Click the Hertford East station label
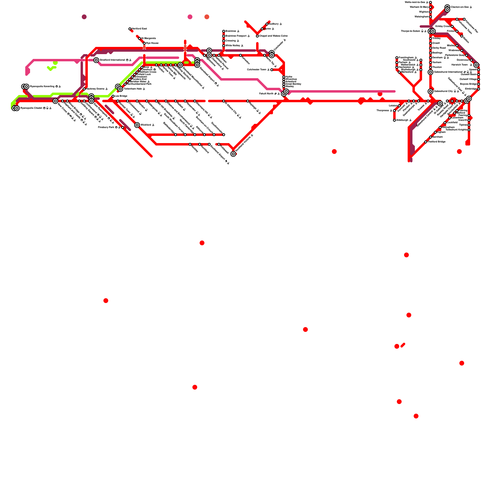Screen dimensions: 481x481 coord(139,29)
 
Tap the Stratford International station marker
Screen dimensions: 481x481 coord(96,60)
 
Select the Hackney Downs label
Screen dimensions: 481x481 coord(95,89)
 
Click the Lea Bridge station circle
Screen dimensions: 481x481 coord(113,96)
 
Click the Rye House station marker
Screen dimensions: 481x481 coord(144,43)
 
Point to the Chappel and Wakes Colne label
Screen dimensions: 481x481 coord(273,36)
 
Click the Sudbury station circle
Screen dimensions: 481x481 coord(267,24)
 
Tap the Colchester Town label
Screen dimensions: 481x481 coord(256,70)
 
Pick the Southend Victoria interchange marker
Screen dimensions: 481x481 coord(233,154)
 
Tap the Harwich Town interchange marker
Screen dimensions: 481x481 coord(476,65)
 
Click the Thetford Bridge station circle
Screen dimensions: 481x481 coord(426,142)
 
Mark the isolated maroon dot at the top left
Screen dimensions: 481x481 coord(84,17)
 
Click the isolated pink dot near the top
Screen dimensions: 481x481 coord(190,17)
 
